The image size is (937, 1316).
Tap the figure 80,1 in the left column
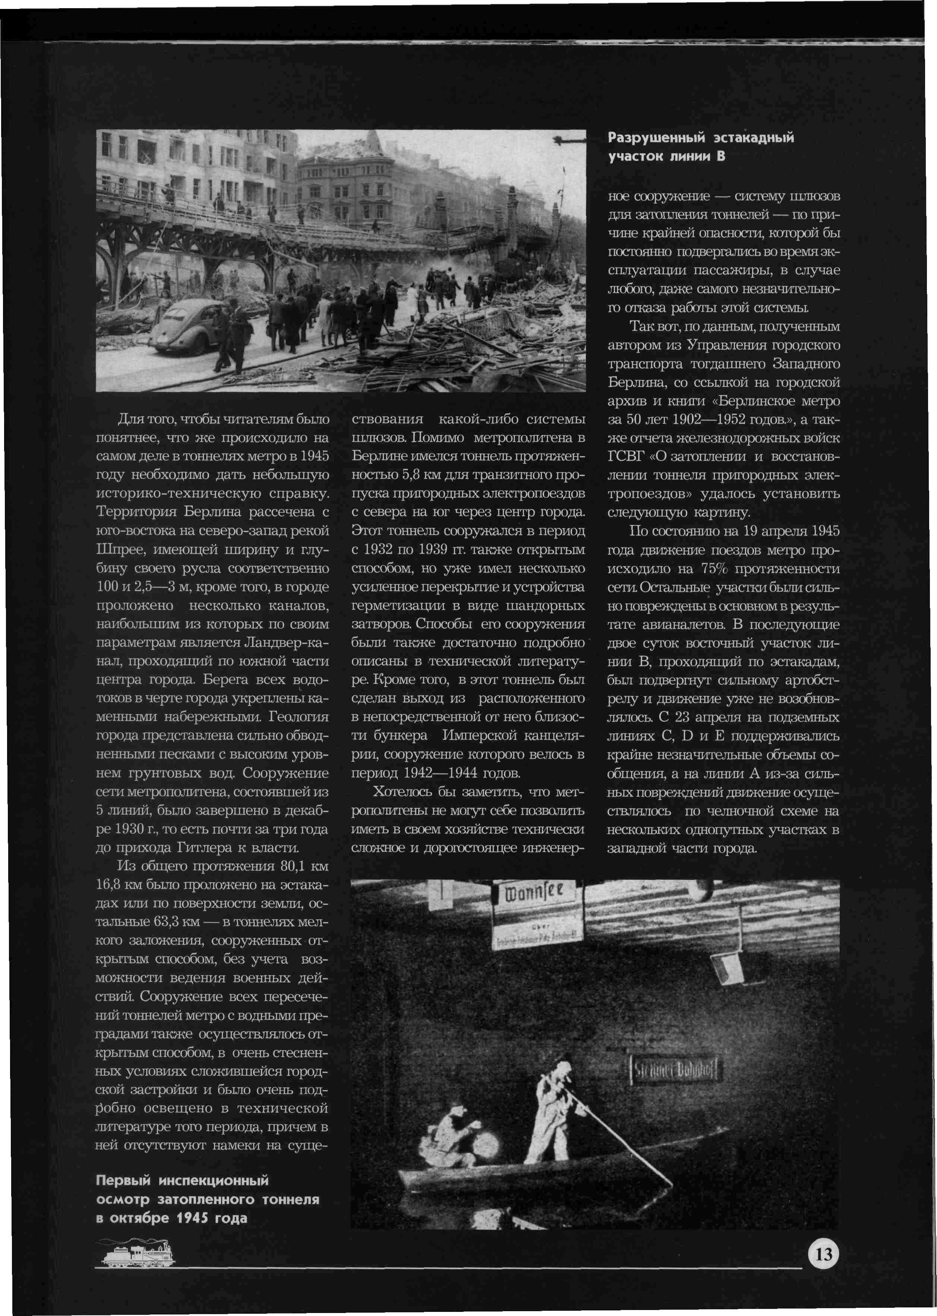pyautogui.click(x=296, y=866)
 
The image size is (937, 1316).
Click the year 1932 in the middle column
pyautogui.click(x=381, y=549)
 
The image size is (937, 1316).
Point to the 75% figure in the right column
pyautogui.click(x=716, y=568)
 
